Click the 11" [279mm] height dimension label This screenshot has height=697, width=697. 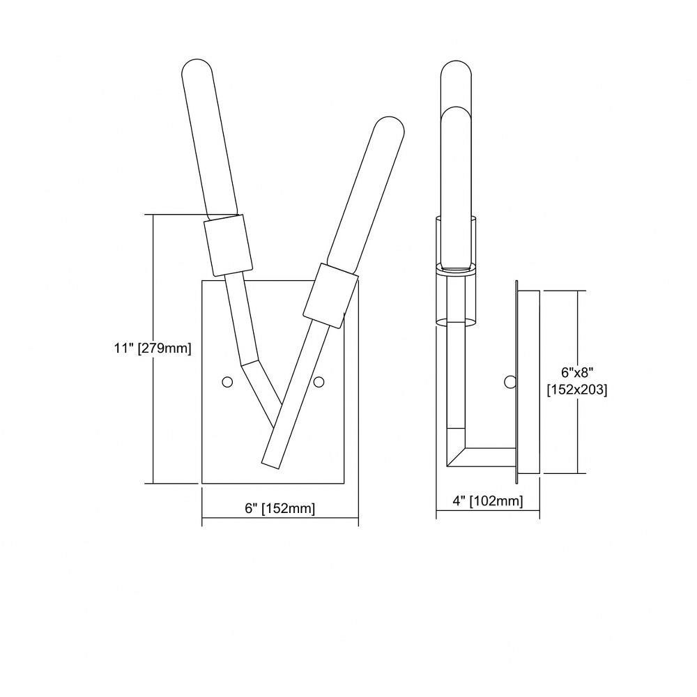153,348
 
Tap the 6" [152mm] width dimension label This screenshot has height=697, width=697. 280,508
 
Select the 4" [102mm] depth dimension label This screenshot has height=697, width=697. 488,501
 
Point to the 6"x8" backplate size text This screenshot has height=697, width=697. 577,372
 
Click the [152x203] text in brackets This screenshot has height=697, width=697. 577,390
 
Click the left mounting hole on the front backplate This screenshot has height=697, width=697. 227,381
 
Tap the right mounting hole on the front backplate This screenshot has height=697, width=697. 319,381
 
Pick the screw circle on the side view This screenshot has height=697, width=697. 510,381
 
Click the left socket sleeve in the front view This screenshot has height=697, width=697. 228,245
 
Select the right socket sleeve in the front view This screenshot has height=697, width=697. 330,296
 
